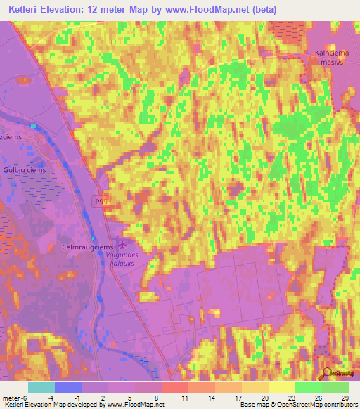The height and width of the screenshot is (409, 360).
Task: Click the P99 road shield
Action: pos(103,202)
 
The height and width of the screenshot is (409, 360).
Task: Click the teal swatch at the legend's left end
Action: pos(41,387)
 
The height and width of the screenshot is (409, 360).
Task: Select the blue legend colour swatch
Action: pos(68,387)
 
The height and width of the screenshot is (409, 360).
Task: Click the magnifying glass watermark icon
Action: pos(328,375)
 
